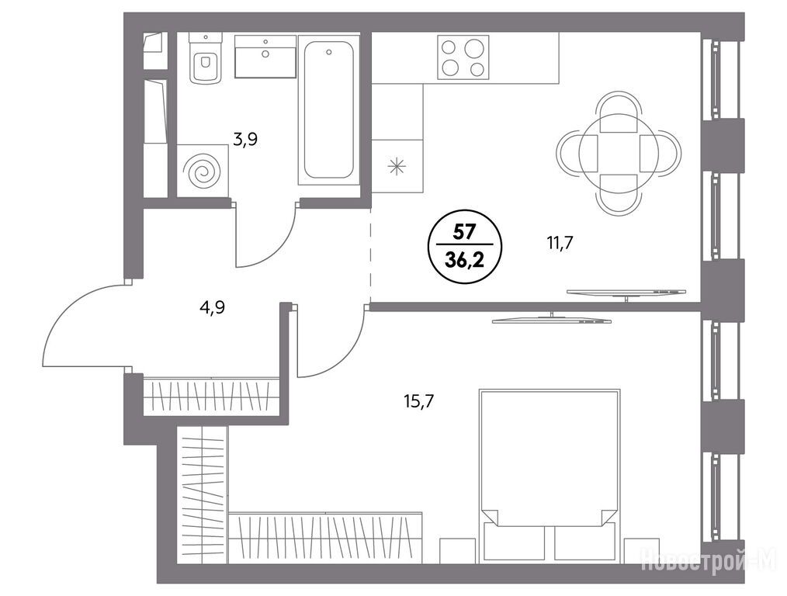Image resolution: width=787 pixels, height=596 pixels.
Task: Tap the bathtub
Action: point(329,109)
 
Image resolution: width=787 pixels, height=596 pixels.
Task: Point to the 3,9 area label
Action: point(245,140)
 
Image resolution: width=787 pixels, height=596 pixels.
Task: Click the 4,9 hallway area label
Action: point(213,307)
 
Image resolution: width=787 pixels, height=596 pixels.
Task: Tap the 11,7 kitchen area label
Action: point(560,244)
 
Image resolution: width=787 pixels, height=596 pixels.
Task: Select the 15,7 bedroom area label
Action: point(418,401)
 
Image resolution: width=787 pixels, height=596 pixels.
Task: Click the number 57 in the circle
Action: point(465,232)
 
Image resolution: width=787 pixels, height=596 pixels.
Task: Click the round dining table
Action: point(619,150)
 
